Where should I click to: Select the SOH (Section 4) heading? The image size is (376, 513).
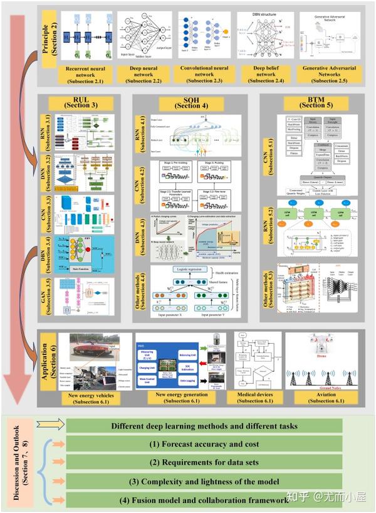tap(187, 102)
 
